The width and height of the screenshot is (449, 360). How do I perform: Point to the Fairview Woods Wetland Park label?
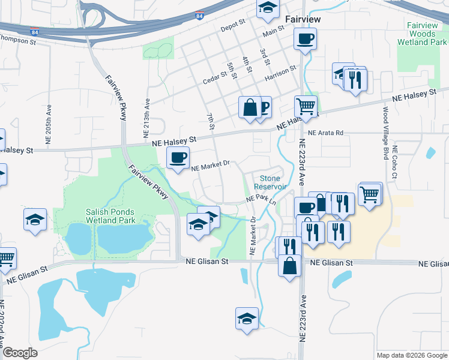[426, 34]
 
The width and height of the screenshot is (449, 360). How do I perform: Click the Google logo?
[19, 352]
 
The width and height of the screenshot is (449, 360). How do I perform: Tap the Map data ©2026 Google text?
[412, 355]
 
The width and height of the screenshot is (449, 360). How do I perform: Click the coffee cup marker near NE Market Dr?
[177, 158]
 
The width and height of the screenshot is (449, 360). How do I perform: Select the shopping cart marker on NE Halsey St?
[306, 107]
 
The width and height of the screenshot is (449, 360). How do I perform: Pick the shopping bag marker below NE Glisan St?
[289, 265]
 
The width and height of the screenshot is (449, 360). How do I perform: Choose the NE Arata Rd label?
[325, 133]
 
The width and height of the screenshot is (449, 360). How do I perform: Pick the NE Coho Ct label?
[395, 163]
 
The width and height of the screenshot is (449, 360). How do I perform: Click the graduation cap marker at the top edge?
[268, 8]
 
